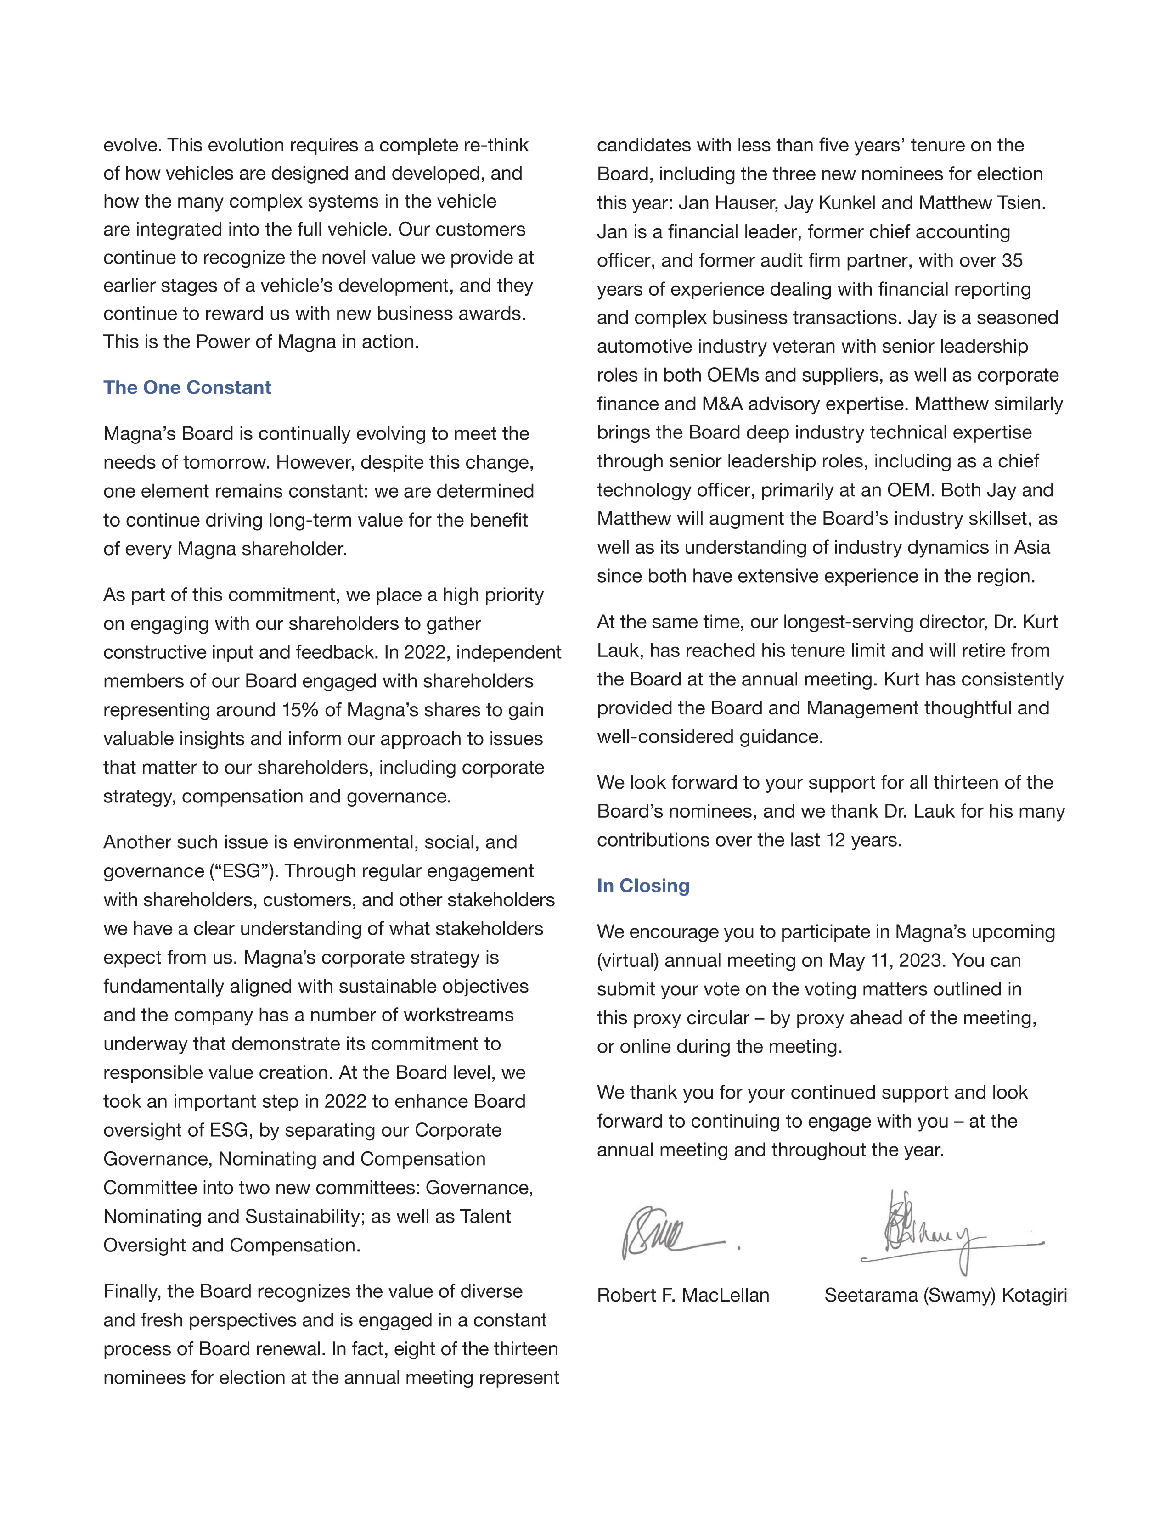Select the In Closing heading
pyautogui.click(x=643, y=886)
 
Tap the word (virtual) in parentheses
pyautogui.click(x=628, y=961)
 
